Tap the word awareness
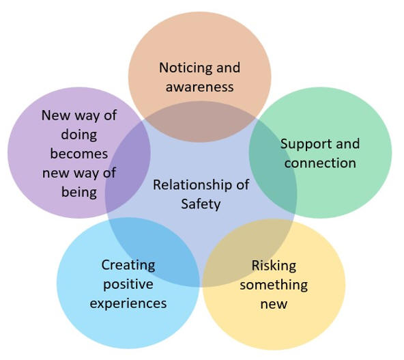point(200,87)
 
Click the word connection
point(320,163)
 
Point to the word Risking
point(274,266)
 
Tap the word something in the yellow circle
point(274,286)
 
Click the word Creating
point(128,266)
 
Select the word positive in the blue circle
point(128,285)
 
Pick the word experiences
point(128,304)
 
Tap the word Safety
point(201,204)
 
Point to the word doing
point(79,135)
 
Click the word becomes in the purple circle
point(79,154)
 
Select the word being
point(79,193)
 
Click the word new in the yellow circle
point(274,305)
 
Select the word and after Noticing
point(229,68)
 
